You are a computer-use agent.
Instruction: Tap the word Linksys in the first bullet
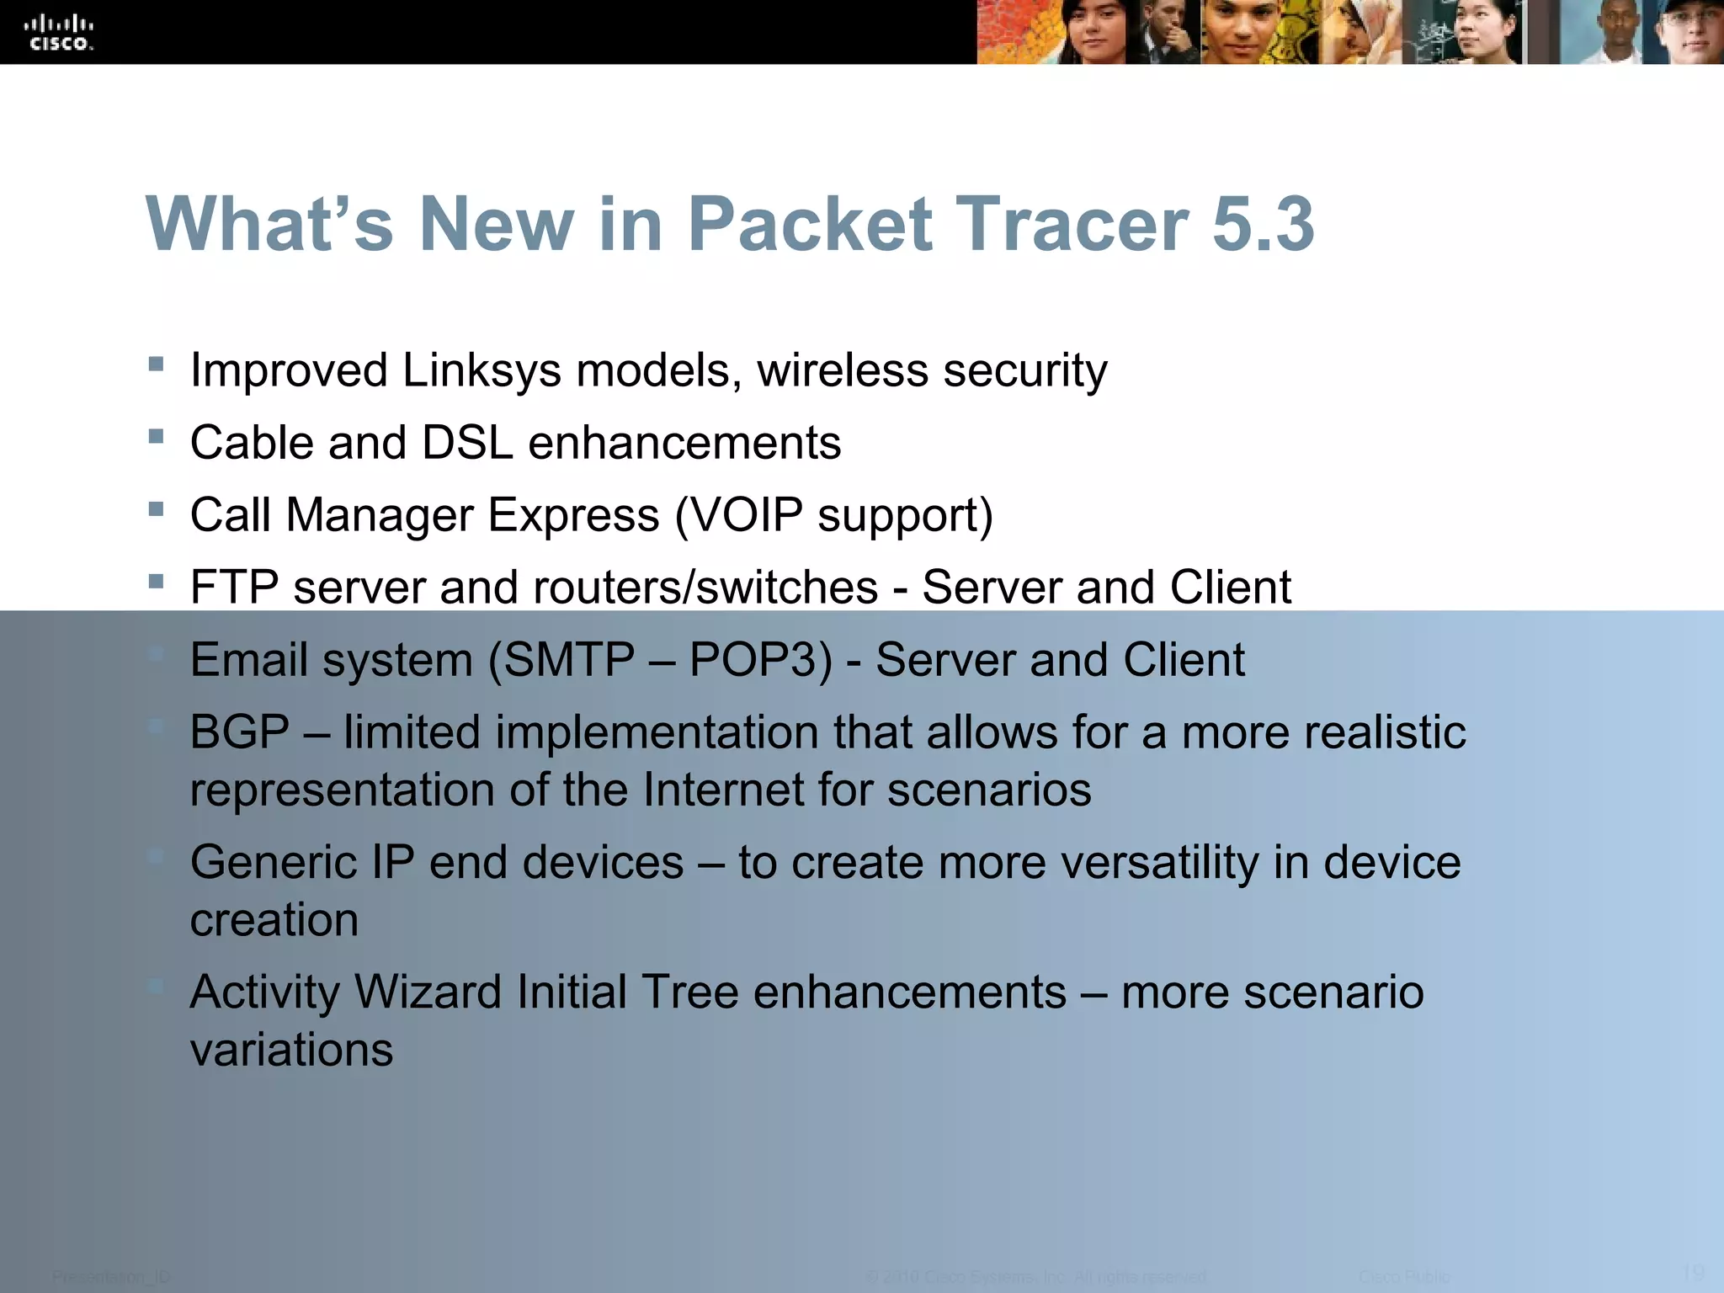tap(482, 370)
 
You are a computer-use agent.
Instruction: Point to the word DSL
tap(467, 443)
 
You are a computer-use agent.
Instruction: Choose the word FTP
tap(234, 588)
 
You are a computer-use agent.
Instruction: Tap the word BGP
tap(240, 732)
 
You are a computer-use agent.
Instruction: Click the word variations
tap(291, 1051)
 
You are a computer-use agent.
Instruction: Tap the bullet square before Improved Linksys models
tap(156, 364)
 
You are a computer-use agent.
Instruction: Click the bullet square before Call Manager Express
tap(156, 508)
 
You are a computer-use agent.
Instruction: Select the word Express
tap(573, 515)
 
